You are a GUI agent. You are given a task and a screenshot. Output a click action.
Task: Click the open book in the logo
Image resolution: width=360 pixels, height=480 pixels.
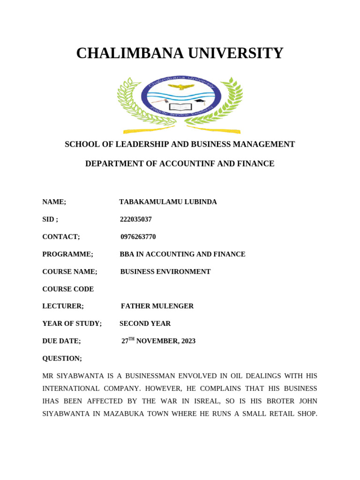click(x=180, y=107)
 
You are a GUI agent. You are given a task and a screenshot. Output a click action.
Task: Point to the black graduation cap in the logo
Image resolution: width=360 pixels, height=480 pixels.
click(x=200, y=101)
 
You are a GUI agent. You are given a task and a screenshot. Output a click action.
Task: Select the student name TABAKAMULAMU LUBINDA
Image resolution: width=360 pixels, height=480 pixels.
click(x=168, y=202)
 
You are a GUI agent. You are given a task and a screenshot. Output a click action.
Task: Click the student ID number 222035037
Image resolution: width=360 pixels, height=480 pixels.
click(x=136, y=219)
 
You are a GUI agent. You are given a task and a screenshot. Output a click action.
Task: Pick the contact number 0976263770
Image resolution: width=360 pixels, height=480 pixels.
click(x=138, y=237)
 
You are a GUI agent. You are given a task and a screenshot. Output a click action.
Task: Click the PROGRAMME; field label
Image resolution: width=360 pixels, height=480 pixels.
click(x=67, y=254)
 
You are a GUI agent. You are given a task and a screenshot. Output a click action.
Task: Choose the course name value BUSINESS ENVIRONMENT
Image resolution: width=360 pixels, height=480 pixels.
click(x=165, y=271)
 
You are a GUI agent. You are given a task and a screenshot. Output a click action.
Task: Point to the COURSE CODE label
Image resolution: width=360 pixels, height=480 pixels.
click(x=68, y=289)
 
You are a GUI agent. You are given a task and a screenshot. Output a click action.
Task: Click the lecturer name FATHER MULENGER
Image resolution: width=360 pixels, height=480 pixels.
click(x=157, y=306)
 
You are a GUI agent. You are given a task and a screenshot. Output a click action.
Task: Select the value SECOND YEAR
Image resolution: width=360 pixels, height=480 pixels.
click(x=145, y=323)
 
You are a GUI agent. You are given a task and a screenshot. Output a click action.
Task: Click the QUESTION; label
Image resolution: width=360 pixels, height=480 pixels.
click(x=62, y=358)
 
